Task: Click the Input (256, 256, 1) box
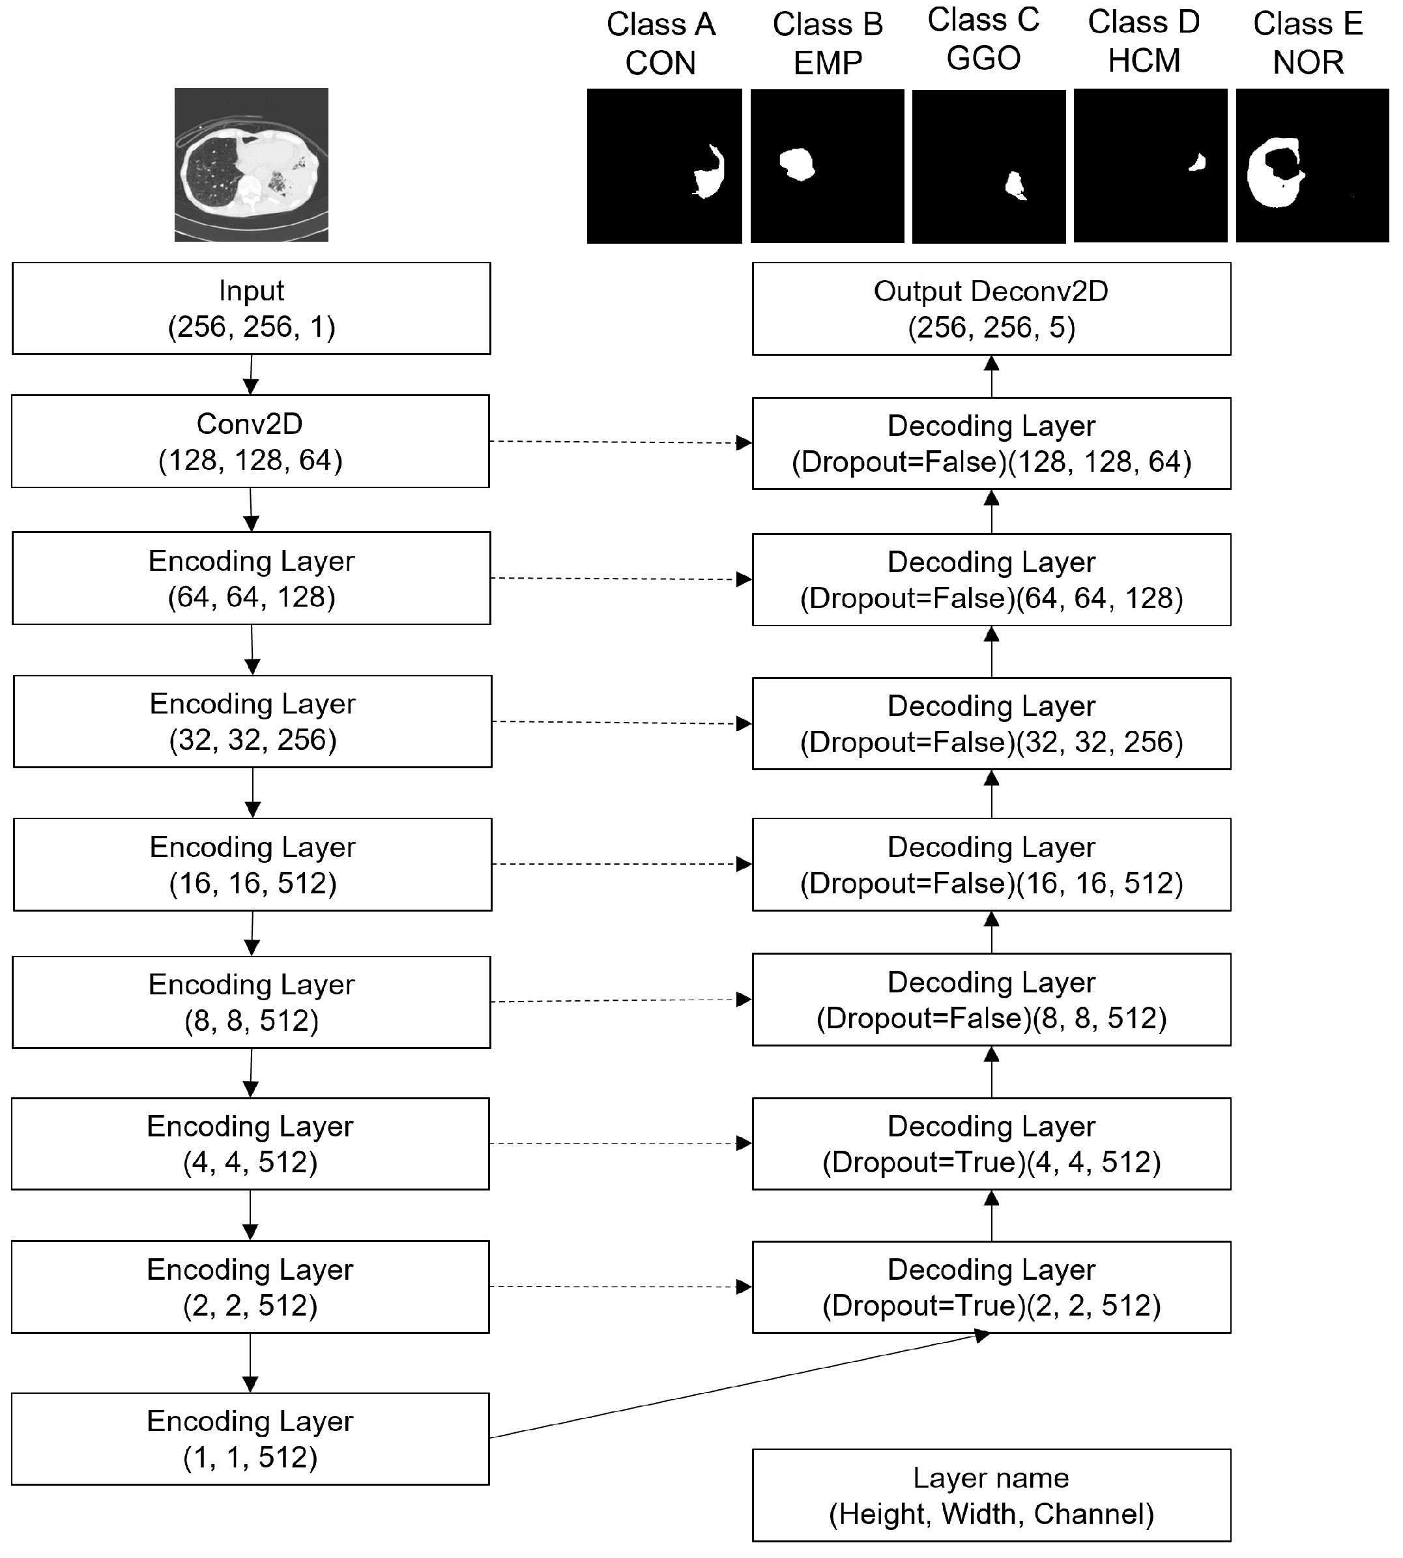click(x=252, y=308)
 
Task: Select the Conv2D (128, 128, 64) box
click(x=250, y=441)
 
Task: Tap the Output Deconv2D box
click(x=991, y=308)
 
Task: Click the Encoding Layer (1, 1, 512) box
click(x=250, y=1439)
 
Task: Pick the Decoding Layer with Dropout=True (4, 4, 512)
click(x=991, y=1144)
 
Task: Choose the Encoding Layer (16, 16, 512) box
click(x=252, y=864)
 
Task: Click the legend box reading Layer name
click(x=991, y=1495)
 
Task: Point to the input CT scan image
click(x=252, y=164)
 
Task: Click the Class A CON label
click(x=661, y=43)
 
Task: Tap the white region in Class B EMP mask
click(x=798, y=164)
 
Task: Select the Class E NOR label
click(x=1308, y=43)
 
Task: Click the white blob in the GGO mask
click(x=1015, y=186)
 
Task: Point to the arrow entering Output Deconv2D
click(x=991, y=375)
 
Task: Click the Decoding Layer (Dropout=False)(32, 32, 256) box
click(x=991, y=723)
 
